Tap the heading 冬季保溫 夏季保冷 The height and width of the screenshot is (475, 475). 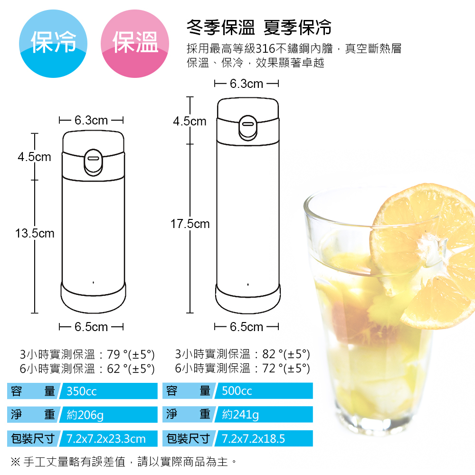259,28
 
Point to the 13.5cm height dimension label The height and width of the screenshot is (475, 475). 35,234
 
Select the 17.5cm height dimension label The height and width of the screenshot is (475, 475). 190,224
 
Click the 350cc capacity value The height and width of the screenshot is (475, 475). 82,391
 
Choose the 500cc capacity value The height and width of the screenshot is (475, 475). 237,391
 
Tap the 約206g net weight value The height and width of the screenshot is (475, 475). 85,415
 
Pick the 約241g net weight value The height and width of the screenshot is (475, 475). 240,415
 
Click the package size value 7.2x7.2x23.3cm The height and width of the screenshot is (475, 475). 106,438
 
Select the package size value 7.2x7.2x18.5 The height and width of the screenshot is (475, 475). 254,438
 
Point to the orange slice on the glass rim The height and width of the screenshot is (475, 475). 427,247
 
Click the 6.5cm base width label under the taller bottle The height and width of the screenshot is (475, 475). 247,327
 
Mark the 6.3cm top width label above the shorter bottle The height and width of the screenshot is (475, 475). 91,120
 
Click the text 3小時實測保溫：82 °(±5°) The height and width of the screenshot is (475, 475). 242,354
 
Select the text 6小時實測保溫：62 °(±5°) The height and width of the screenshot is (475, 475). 87,368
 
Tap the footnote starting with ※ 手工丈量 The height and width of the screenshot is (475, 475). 123,461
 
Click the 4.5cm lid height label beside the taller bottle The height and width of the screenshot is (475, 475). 190,122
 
